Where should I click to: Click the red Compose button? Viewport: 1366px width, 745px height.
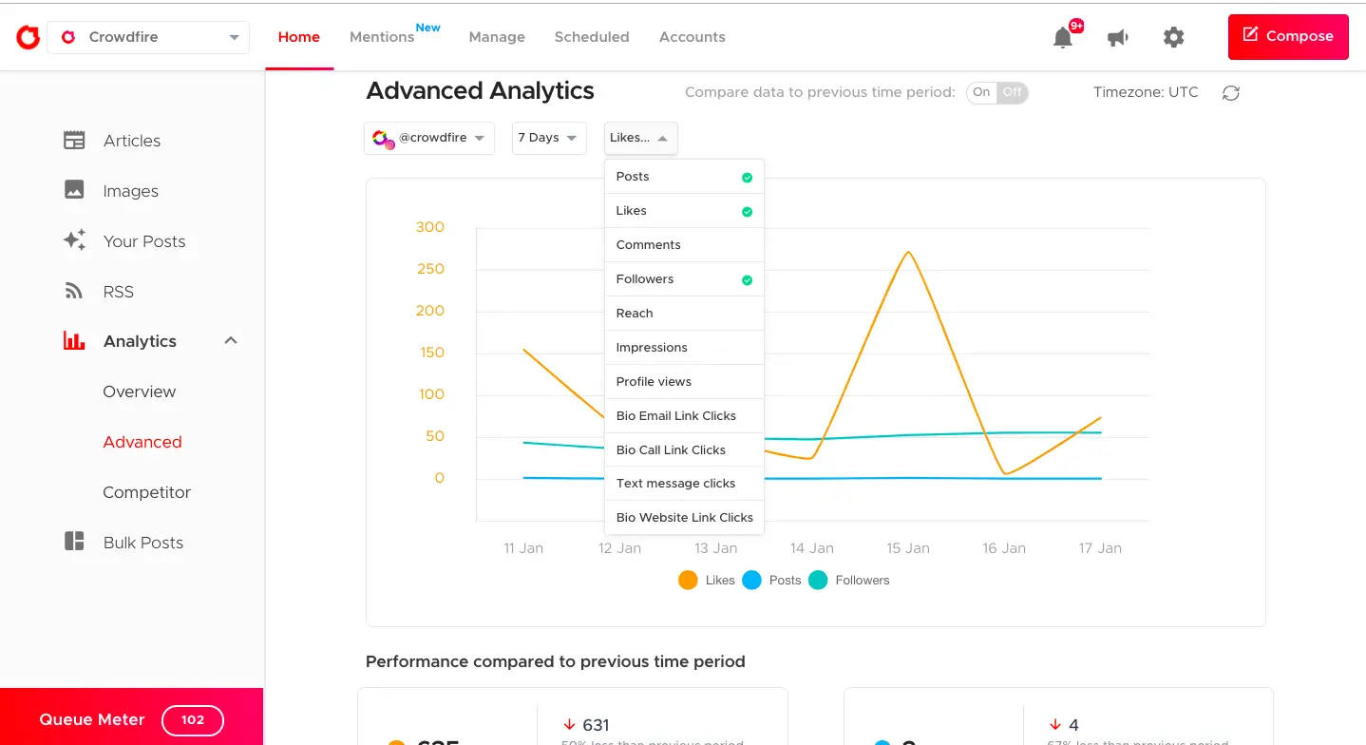[1287, 37]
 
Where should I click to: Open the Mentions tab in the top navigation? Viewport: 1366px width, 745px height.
[382, 37]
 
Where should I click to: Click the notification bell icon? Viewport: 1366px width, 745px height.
[1063, 38]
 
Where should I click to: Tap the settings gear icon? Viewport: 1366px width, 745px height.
[1173, 38]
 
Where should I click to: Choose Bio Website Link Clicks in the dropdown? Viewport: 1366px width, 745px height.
[684, 518]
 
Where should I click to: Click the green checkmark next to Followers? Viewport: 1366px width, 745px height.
[747, 280]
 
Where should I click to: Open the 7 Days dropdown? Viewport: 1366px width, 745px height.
[548, 138]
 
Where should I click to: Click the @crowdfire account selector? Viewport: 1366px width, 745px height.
[429, 138]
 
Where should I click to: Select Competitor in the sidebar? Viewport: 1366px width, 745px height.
[146, 492]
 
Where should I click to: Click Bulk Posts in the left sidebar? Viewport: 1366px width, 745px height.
[142, 543]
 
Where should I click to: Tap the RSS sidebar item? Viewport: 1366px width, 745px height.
[118, 292]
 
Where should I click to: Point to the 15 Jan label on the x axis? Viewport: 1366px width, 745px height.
[907, 548]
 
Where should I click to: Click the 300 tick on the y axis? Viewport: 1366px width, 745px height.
[429, 227]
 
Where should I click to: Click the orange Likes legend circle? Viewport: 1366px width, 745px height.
[688, 581]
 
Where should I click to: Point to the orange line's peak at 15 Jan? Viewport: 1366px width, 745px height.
[908, 252]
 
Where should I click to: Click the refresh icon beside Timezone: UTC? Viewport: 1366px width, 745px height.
[1230, 93]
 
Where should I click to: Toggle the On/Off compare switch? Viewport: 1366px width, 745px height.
[996, 92]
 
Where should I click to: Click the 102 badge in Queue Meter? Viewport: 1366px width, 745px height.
[193, 720]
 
